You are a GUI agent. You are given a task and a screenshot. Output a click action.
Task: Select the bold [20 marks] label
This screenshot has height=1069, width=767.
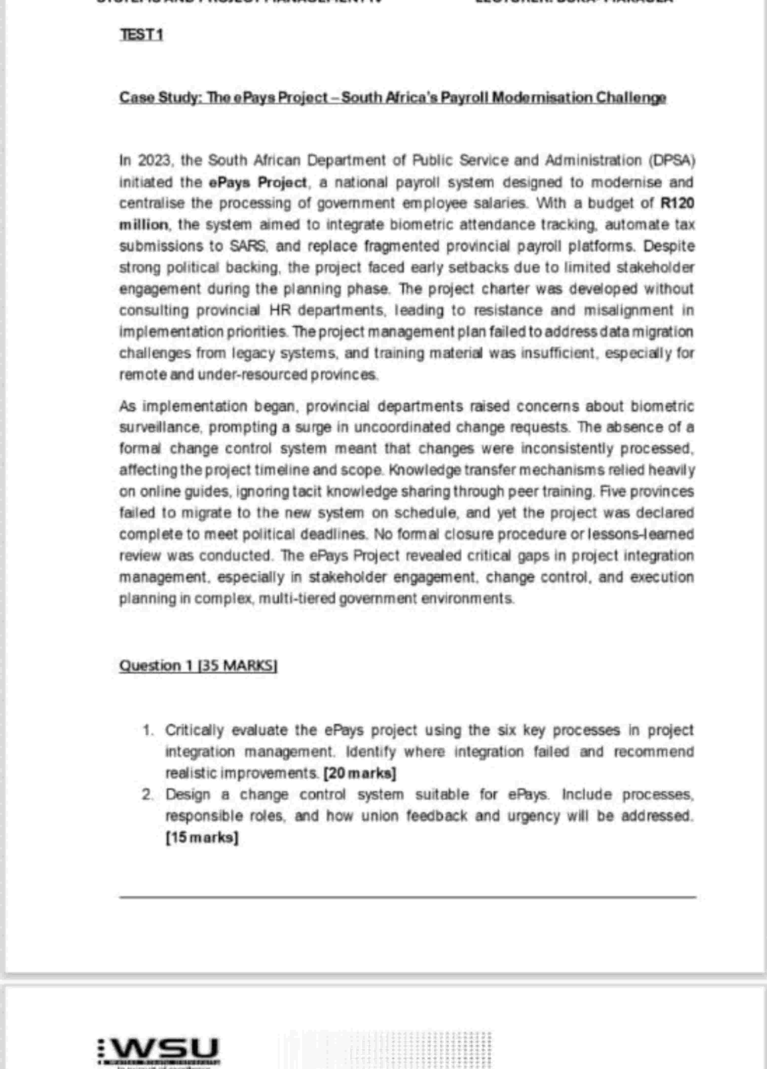coord(360,774)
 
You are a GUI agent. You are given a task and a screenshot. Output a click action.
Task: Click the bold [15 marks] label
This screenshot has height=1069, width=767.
coord(202,838)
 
